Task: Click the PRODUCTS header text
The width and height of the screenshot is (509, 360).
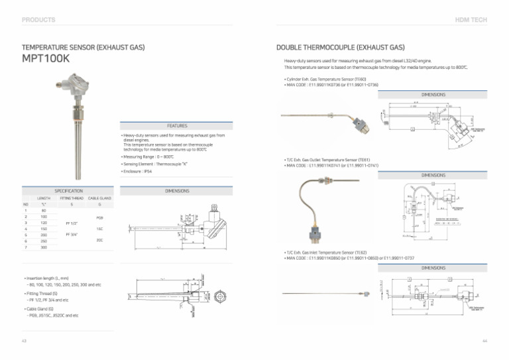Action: point(38,20)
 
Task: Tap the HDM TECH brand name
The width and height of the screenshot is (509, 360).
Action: point(471,20)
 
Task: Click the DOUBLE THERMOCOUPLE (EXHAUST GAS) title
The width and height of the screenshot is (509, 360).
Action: point(340,48)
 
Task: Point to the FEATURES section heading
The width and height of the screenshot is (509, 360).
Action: point(177,125)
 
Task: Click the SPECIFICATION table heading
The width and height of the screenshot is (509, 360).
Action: point(68,190)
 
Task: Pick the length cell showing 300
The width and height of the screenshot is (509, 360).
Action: point(44,247)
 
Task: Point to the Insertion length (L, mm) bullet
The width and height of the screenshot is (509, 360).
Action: point(47,277)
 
